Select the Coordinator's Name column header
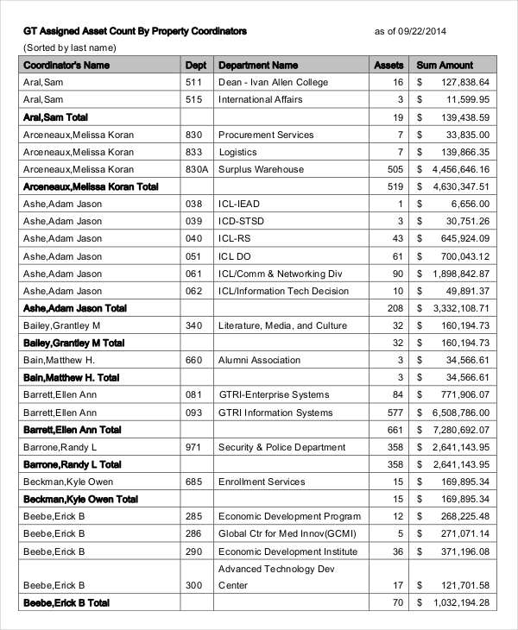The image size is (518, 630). point(66,65)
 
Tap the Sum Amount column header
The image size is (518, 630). point(445,65)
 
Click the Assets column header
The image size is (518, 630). point(388,65)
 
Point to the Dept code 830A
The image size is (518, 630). point(197,169)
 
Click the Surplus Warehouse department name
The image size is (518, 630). point(261,169)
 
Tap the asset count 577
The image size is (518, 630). point(395,413)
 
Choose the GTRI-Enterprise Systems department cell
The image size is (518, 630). point(273,395)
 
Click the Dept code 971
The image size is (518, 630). point(193,447)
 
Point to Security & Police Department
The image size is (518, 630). point(283,447)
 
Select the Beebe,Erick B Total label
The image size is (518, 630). point(66,603)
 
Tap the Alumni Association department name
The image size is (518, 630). point(258,360)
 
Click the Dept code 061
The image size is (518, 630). point(193,274)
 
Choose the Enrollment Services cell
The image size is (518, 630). point(262,482)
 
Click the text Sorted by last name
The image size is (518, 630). point(70,47)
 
